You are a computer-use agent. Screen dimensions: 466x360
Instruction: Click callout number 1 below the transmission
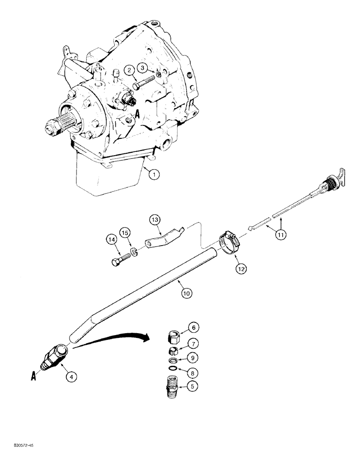pos(155,174)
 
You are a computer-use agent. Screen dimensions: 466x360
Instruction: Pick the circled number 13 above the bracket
pos(155,219)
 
